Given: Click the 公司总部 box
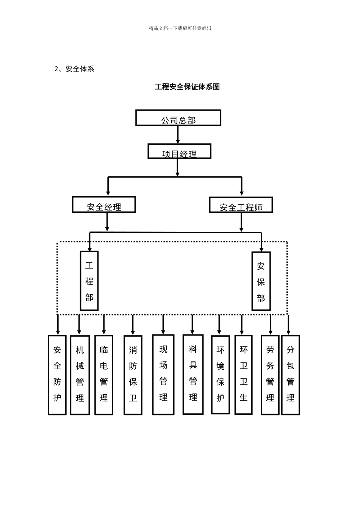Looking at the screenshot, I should [178, 118].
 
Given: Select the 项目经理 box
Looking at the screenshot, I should [179, 151].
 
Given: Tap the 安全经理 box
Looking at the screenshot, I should [104, 205].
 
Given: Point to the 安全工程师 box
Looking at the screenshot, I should [241, 205].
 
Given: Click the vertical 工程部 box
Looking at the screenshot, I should [89, 281].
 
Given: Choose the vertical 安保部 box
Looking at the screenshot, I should [261, 281].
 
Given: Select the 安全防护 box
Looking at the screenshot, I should [57, 375].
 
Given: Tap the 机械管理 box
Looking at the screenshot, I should [80, 375].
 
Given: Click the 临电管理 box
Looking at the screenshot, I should [104, 374].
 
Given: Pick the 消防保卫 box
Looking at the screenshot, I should [133, 375].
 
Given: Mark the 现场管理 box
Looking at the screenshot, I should [163, 374].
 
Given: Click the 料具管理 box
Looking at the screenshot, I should [193, 374].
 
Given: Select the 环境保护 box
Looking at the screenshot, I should [221, 374].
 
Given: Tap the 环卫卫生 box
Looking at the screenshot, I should [244, 374].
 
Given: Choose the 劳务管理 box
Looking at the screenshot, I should [270, 375].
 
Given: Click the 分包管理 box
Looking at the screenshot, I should [291, 375].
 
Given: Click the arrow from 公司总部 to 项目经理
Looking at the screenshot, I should [178, 134].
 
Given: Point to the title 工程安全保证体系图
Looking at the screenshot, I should [187, 87].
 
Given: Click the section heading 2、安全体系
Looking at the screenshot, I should [74, 69].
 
